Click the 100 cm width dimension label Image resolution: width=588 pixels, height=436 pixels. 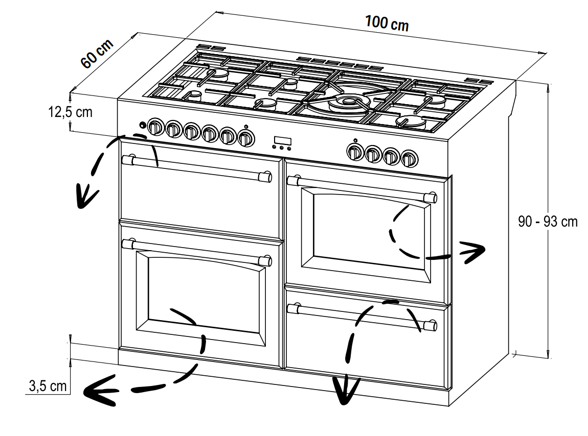387,23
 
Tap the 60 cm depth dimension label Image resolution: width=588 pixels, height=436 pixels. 97,54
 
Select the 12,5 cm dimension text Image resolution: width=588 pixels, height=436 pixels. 70,112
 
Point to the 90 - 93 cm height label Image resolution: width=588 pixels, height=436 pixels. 548,222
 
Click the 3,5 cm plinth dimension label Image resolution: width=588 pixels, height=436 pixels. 48,386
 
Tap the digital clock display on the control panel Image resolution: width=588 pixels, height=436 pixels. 282,141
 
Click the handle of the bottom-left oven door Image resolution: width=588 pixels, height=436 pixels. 197,252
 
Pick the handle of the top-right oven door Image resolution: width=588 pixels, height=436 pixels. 362,189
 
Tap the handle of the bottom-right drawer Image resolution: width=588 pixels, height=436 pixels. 362,317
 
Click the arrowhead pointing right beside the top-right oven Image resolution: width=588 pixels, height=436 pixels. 473,252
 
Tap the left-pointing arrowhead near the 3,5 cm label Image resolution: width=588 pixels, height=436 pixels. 98,391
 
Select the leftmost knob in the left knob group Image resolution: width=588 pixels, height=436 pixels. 154,127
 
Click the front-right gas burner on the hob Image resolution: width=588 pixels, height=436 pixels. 411,122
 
